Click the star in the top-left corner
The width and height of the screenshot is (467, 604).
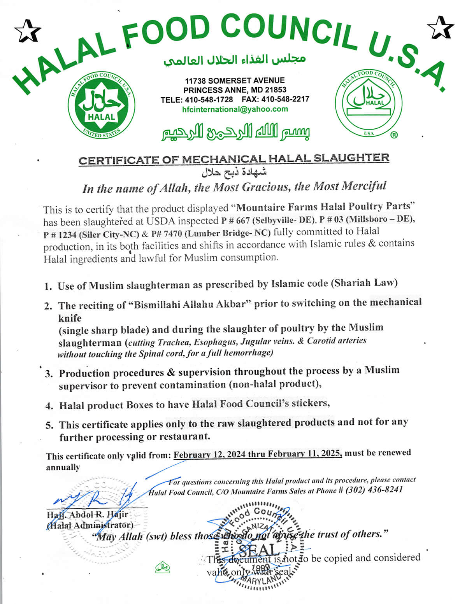point(27,31)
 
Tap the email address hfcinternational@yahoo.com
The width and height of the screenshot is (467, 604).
point(235,109)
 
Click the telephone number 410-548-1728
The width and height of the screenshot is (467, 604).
point(209,100)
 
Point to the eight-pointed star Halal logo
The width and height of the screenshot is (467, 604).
point(101,105)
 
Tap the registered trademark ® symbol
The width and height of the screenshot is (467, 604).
point(394,135)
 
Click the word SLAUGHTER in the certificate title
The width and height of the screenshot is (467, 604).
point(351,158)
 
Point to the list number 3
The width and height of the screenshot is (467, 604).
point(49,374)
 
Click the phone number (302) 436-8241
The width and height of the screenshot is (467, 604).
point(374,490)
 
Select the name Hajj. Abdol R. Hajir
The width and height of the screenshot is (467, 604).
point(87,515)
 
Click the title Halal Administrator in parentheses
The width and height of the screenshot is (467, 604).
point(90,525)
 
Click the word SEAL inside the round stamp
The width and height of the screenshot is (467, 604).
point(259,550)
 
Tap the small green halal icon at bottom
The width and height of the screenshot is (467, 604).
point(163,567)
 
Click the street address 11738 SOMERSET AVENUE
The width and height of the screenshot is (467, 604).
point(235,81)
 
